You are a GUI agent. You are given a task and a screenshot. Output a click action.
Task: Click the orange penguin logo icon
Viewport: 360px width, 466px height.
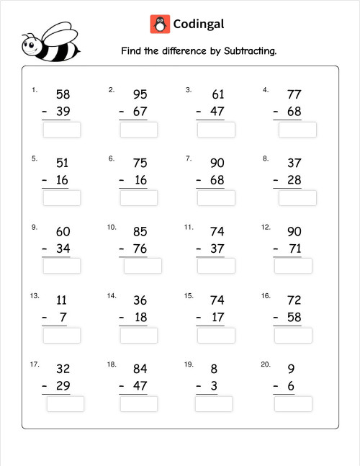(x=160, y=24)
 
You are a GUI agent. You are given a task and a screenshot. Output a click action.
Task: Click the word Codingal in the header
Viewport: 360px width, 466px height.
(x=199, y=24)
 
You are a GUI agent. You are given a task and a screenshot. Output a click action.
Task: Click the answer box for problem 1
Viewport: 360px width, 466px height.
(x=62, y=130)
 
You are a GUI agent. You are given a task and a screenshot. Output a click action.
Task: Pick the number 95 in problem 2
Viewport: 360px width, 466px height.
(x=140, y=94)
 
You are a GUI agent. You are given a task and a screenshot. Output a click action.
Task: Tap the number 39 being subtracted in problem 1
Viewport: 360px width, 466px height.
(x=63, y=112)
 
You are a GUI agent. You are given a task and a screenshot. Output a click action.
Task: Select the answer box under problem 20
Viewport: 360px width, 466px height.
(x=293, y=403)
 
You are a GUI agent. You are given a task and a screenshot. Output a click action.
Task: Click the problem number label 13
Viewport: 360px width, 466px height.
(x=35, y=296)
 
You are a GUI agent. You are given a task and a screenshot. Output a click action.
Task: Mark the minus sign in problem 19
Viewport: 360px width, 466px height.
(x=198, y=386)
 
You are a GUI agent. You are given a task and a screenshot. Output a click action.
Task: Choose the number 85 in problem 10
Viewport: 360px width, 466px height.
(x=140, y=231)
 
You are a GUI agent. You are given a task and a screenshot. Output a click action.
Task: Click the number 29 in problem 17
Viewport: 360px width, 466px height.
(x=63, y=386)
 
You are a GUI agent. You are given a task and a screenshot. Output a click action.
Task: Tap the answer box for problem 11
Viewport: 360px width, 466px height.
(x=216, y=266)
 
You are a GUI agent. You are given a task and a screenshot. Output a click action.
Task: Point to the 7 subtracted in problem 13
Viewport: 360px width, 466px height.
(x=63, y=318)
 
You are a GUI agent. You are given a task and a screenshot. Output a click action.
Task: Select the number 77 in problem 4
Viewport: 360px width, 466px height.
(x=294, y=94)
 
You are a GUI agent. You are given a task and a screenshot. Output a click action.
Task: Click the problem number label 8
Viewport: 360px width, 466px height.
(x=266, y=158)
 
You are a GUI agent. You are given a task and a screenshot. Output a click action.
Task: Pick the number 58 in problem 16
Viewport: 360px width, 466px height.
(x=294, y=318)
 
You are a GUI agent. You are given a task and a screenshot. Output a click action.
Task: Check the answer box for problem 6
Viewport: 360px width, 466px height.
(x=138, y=198)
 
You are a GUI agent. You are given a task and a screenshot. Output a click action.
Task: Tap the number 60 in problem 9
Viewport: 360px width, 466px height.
(x=63, y=231)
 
